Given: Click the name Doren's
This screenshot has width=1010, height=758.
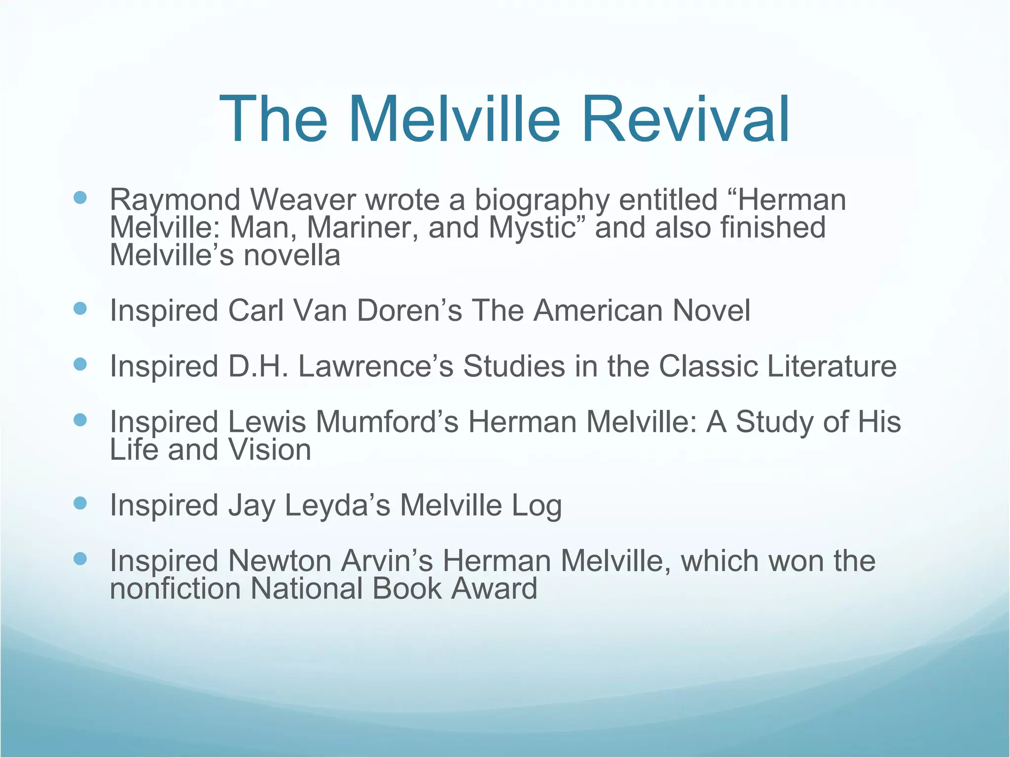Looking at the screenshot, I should click(409, 310).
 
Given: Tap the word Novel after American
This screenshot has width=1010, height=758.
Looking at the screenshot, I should click(712, 310).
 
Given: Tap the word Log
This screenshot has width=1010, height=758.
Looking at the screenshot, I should click(537, 505).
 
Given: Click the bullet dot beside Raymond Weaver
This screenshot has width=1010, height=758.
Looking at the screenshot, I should click(80, 198).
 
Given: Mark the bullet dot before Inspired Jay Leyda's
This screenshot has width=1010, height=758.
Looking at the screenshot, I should click(80, 503).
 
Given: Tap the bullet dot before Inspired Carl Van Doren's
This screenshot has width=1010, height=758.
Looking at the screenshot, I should click(80, 309).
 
